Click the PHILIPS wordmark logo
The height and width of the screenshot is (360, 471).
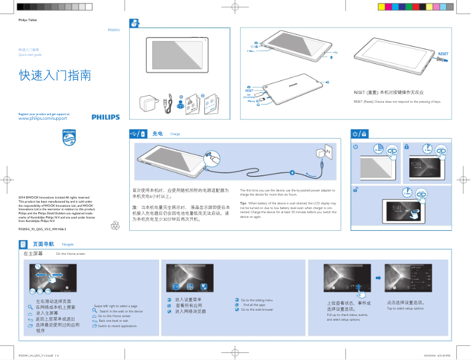[105, 117]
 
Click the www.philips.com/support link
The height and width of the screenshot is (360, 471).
[43, 119]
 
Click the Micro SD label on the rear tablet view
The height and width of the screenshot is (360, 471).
[253, 102]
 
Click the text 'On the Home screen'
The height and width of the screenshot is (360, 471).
[70, 254]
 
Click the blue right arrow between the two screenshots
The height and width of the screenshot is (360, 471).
[378, 277]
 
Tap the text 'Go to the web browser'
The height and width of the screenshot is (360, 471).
[257, 309]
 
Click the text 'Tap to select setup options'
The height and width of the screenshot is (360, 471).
[405, 308]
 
